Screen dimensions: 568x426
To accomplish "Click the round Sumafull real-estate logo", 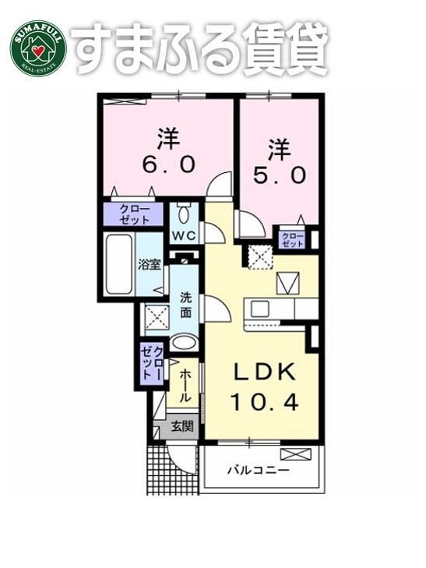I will point(37,46).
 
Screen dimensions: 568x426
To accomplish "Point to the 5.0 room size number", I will point(277,175).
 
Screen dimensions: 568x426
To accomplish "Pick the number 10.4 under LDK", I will point(265,403).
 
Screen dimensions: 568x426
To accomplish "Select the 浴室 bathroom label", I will point(150,264).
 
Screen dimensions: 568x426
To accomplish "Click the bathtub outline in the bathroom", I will point(119,265).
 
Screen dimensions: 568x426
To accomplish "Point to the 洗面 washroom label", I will point(186,305).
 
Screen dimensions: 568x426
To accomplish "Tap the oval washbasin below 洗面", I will point(185,342).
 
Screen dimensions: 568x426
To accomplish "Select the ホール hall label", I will point(185,386).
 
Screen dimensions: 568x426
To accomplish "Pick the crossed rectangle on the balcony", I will point(295,454).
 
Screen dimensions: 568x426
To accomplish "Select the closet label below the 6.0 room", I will point(135,214).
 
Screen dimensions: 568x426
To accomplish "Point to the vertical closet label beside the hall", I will point(153,363).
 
